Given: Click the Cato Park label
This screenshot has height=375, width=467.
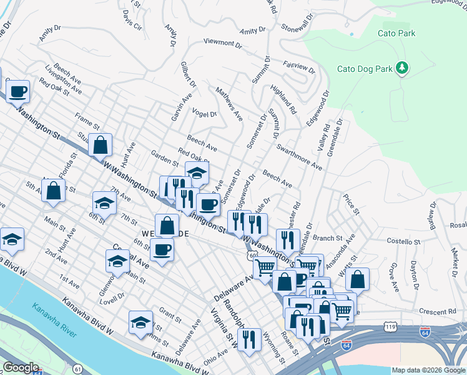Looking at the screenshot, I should coord(396,33).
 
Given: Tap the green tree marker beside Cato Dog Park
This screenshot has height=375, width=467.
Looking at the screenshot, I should coord(403,67).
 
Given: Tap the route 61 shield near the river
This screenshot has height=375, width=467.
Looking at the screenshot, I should coord(77,353).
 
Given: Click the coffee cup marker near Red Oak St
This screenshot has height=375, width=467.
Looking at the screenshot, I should coord(17,91).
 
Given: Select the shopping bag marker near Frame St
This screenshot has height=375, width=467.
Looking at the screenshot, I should coord(100,145).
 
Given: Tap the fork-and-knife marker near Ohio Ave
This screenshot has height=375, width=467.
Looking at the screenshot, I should coord(249,339).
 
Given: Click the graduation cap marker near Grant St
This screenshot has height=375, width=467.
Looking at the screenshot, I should coord(141,322).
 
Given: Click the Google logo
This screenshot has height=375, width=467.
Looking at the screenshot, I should coord(21,367).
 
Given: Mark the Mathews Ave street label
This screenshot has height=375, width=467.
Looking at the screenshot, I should coord(229,103).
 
